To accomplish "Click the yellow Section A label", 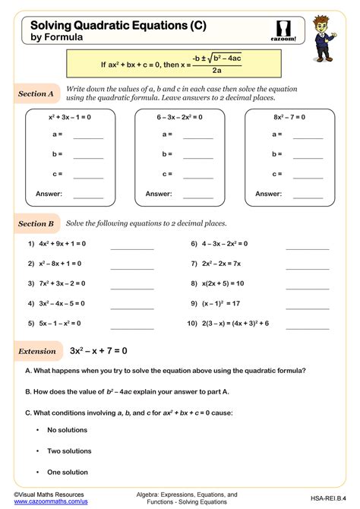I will [36, 94].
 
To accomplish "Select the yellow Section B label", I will [36, 224].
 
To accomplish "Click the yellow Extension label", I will [37, 351].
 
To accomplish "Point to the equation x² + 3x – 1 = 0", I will [69, 118].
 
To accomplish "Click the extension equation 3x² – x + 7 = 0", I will [99, 351].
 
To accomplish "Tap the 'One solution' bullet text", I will [67, 473].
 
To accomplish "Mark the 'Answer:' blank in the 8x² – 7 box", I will [308, 194].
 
